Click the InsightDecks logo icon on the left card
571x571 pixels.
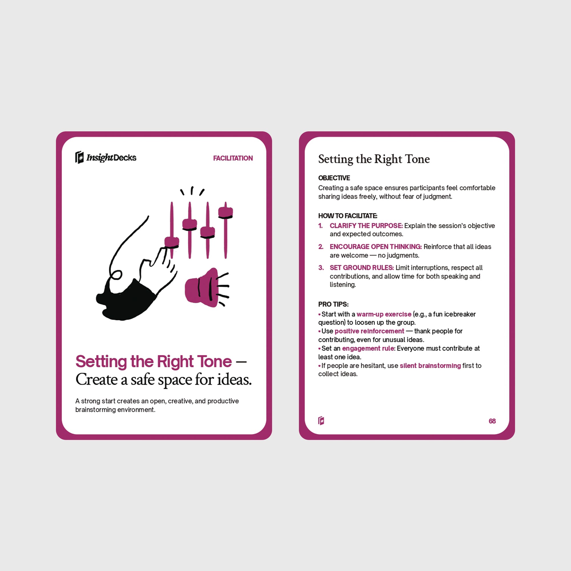79,157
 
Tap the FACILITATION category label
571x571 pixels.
233,158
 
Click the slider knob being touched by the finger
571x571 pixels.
172,242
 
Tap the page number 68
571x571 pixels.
492,421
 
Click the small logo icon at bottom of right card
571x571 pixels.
321,421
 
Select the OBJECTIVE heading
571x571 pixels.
334,178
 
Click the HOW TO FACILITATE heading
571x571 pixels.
347,216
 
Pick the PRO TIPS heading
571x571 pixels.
333,304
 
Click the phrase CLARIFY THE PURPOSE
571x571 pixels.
366,226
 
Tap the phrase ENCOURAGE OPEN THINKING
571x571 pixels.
376,247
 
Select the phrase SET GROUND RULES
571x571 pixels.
361,268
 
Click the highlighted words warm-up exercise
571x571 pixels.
384,314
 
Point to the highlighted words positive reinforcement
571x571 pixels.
369,331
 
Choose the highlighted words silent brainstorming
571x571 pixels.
430,366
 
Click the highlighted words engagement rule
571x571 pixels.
368,348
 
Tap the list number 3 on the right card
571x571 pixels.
321,268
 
